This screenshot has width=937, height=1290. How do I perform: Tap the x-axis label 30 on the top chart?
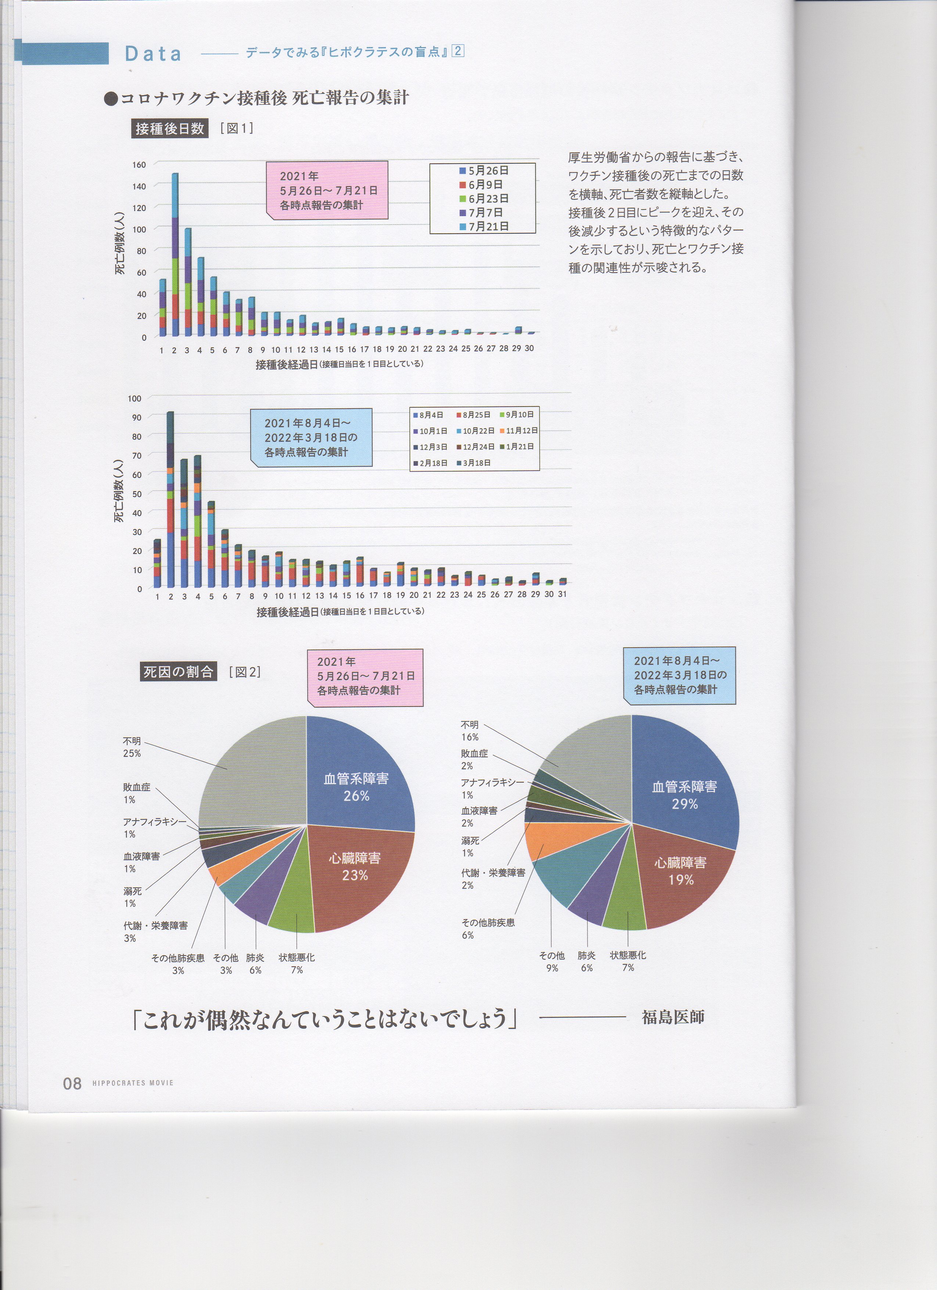(x=529, y=348)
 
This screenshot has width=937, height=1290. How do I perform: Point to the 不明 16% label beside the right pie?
(x=470, y=731)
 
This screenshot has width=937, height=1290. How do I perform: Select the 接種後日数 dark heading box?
(x=169, y=129)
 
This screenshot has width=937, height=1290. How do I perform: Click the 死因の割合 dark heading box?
(x=178, y=672)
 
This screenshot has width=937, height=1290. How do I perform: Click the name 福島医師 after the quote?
(x=672, y=1017)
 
